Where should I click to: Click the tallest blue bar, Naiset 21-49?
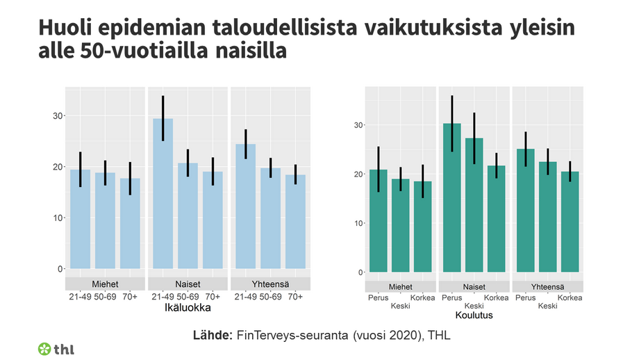(x=163, y=195)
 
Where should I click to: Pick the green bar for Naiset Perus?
(x=451, y=198)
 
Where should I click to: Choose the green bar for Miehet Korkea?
(x=422, y=227)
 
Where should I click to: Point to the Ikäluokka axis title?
(x=188, y=306)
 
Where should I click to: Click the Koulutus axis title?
(x=474, y=315)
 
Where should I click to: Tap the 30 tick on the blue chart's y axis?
(x=57, y=116)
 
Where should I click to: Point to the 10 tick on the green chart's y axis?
(x=359, y=223)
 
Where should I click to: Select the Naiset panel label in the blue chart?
(x=188, y=284)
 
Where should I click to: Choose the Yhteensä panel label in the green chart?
(x=547, y=286)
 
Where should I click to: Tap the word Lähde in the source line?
(x=213, y=336)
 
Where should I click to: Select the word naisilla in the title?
(x=251, y=52)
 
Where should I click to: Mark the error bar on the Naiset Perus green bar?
(x=451, y=124)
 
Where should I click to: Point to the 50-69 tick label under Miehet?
(x=106, y=297)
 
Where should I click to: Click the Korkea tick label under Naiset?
(x=496, y=298)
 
